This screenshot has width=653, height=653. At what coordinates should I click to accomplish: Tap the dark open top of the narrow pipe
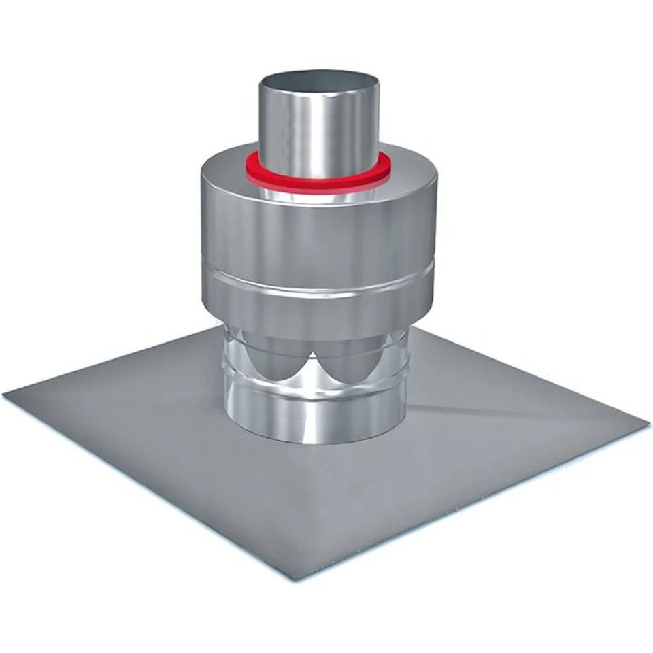pyautogui.click(x=318, y=79)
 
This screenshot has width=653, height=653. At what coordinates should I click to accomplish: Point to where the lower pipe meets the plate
pyautogui.click(x=314, y=442)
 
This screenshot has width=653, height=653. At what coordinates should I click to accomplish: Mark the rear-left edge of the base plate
pyautogui.click(x=116, y=364)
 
